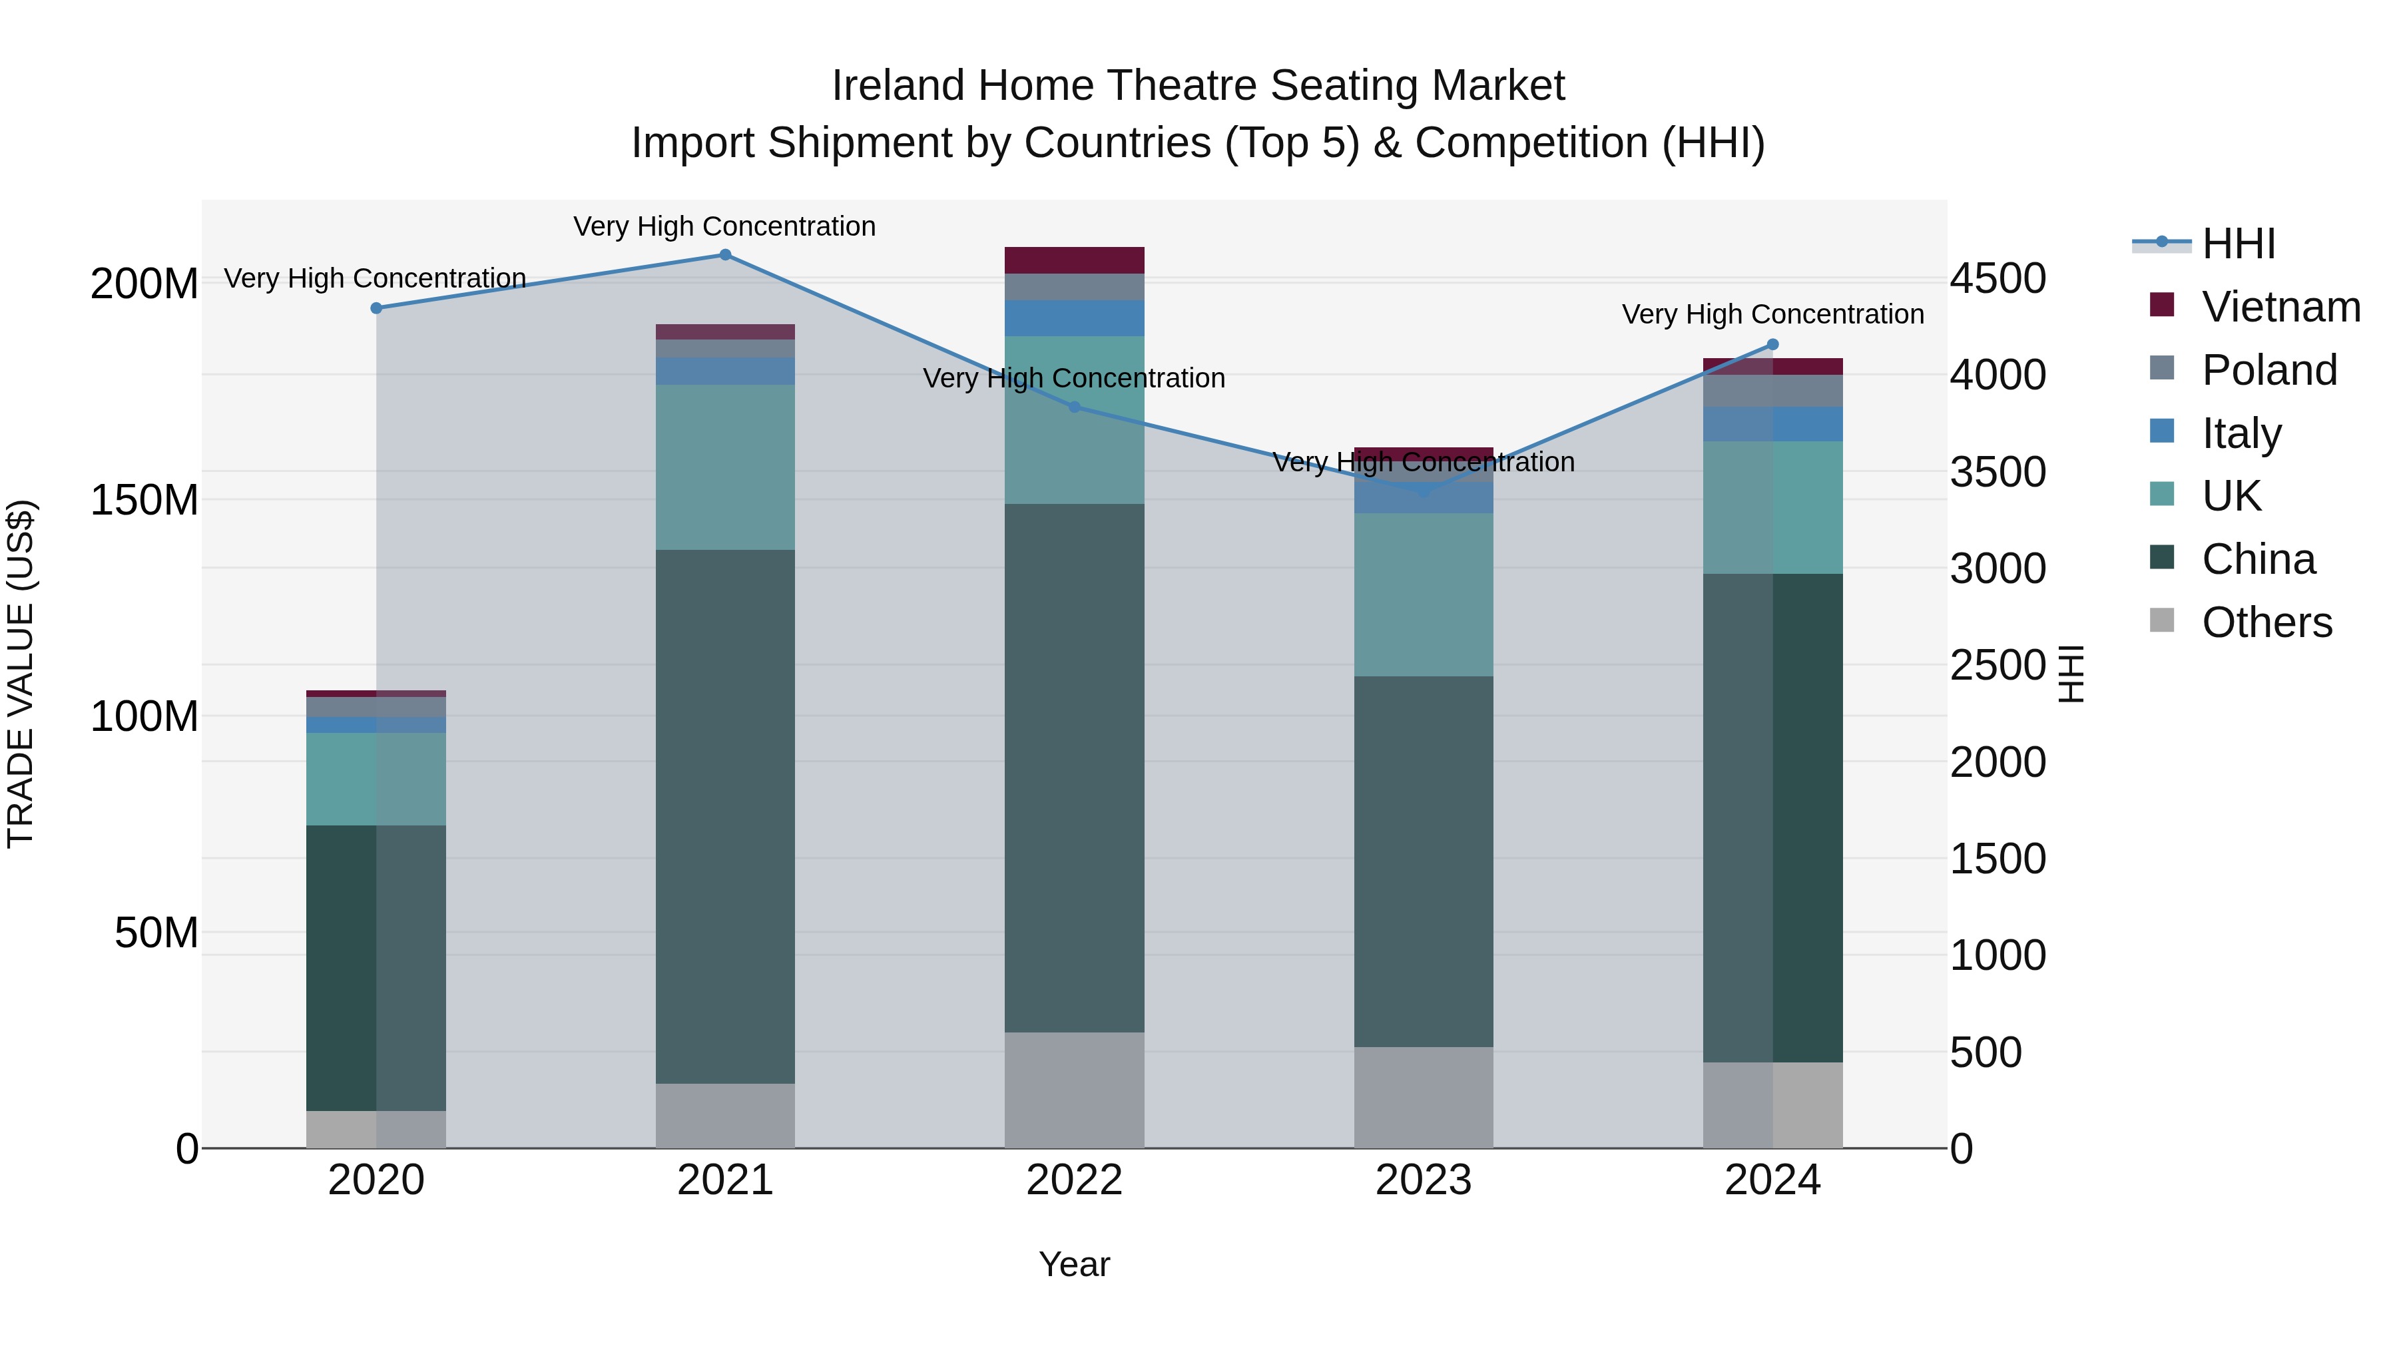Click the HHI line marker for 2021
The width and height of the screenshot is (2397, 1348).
pyautogui.click(x=725, y=255)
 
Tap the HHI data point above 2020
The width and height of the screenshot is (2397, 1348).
pyautogui.click(x=377, y=308)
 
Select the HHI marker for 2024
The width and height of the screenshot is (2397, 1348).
pyautogui.click(x=1772, y=345)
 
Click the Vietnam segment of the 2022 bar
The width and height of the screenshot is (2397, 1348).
pyautogui.click(x=1074, y=260)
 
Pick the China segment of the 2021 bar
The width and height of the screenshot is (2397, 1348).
pyautogui.click(x=725, y=816)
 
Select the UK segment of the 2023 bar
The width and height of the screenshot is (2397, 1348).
pyautogui.click(x=1423, y=594)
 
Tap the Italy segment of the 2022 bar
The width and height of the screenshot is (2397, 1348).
pyautogui.click(x=1074, y=318)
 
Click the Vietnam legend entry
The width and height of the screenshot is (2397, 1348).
pyautogui.click(x=2280, y=307)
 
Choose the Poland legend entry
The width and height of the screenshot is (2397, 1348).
pyautogui.click(x=2268, y=370)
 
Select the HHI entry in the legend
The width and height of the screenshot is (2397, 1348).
pyautogui.click(x=2238, y=244)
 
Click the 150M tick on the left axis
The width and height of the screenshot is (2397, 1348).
pyautogui.click(x=144, y=501)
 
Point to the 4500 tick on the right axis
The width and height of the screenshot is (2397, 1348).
pyautogui.click(x=1997, y=279)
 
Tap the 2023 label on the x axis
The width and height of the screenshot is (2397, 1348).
pyautogui.click(x=1423, y=1180)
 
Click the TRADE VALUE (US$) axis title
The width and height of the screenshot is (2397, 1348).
pyautogui.click(x=21, y=674)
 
